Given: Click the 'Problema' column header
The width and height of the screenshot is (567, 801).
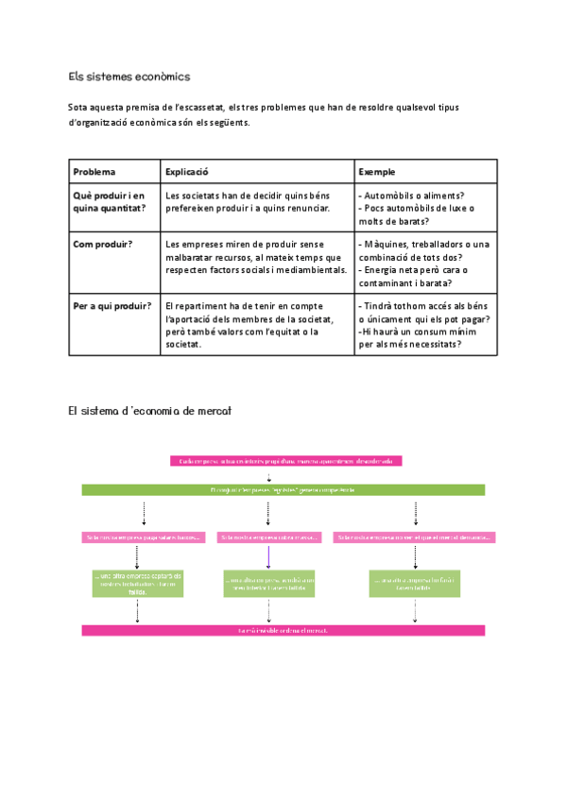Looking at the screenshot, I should pyautogui.click(x=94, y=172).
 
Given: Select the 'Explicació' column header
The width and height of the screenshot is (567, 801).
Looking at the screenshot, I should pyautogui.click(x=186, y=172).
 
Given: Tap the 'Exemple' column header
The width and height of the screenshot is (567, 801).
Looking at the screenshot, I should pyautogui.click(x=377, y=172).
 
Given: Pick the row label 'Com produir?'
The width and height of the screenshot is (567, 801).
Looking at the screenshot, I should pyautogui.click(x=103, y=245).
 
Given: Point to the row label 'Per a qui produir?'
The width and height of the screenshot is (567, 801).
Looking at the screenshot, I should pyautogui.click(x=111, y=306).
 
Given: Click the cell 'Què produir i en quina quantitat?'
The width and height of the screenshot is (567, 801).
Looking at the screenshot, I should pyautogui.click(x=110, y=201).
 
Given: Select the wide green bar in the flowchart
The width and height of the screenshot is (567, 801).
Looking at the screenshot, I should pyautogui.click(x=283, y=490).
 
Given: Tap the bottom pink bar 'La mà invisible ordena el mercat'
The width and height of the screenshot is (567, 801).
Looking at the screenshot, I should pyautogui.click(x=283, y=630).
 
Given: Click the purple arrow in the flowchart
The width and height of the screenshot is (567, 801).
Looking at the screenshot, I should pyautogui.click(x=269, y=555).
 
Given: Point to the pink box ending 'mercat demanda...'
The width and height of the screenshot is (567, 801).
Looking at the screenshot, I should pyautogui.click(x=413, y=537).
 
